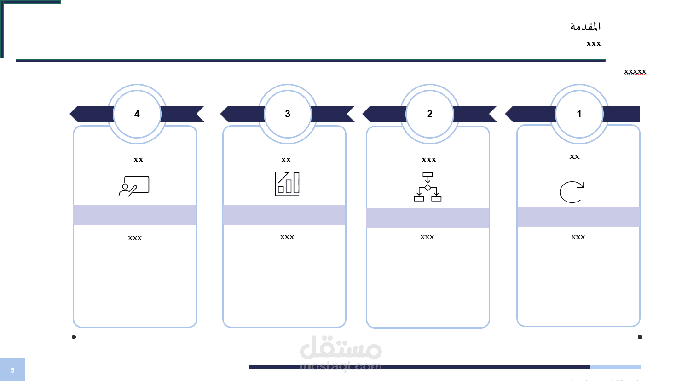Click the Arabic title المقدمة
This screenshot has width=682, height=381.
tap(585, 26)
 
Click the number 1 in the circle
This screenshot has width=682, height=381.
tap(579, 114)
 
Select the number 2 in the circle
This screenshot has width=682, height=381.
tap(430, 114)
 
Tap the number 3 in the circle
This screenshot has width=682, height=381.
tap(288, 114)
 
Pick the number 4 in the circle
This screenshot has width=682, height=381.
tap(137, 114)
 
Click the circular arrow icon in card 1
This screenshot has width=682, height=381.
tap(572, 192)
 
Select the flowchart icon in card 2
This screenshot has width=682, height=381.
tap(428, 186)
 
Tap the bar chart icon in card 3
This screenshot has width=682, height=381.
tap(287, 184)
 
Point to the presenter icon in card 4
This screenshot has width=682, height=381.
tap(134, 186)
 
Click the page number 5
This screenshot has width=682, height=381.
tap(12, 370)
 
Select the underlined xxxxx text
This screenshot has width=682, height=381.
tap(635, 72)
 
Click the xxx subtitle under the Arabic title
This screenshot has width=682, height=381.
tap(594, 44)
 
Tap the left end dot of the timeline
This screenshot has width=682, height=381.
tap(74, 337)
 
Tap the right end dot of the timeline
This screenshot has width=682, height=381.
tap(640, 337)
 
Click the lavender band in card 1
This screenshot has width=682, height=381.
tap(578, 217)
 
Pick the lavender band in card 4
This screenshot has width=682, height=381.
tap(135, 215)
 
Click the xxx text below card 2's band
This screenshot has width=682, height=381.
tap(427, 237)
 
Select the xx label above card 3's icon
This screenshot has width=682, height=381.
tap(286, 160)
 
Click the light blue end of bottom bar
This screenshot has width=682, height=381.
tap(615, 367)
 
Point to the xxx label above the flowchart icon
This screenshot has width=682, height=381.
tap(429, 160)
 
